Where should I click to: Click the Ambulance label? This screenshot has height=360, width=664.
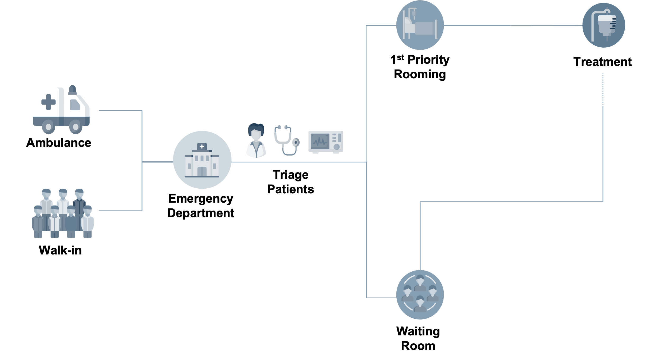[x=59, y=143]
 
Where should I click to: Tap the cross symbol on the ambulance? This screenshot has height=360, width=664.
[x=48, y=102]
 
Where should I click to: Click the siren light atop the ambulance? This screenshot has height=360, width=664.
[x=72, y=90]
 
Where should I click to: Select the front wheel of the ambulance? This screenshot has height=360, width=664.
[x=76, y=127]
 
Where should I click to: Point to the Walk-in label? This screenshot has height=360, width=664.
[x=60, y=250]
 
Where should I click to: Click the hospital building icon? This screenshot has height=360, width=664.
[x=202, y=160]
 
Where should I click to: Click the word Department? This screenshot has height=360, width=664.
[x=201, y=213]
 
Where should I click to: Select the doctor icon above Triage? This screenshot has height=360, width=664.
[x=256, y=140]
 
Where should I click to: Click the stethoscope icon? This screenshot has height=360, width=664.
[x=287, y=140]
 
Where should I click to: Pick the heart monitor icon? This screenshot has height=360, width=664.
[x=326, y=142]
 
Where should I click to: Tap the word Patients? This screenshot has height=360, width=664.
[x=291, y=189]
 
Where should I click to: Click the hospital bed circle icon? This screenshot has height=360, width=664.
[x=420, y=25]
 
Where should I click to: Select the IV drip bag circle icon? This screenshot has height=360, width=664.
[x=604, y=25]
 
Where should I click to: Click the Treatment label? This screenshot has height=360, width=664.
[x=602, y=62]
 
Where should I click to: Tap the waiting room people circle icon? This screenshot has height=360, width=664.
[x=420, y=295]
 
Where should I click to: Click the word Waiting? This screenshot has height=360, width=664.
[x=418, y=332]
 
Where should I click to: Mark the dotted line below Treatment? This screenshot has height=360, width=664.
[x=603, y=90]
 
